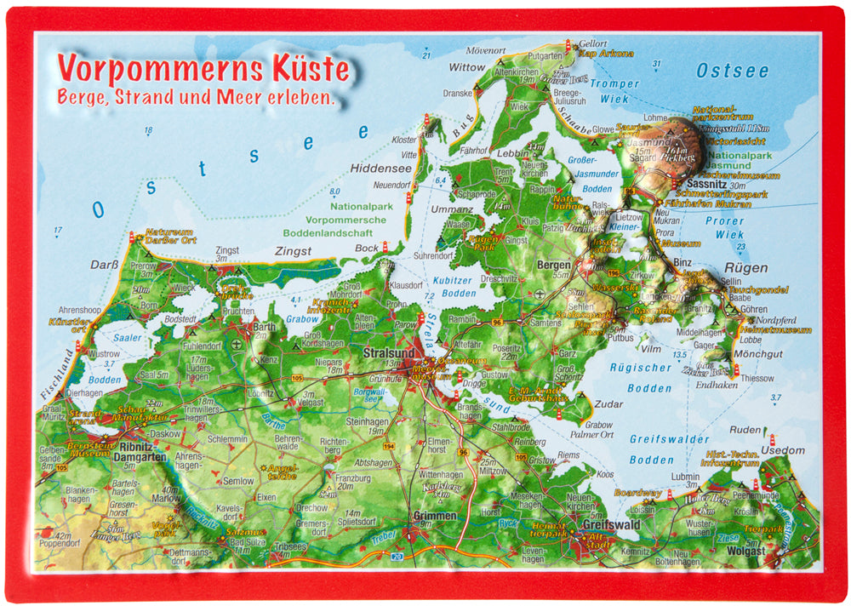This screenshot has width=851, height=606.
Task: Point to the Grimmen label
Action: click(x=434, y=516)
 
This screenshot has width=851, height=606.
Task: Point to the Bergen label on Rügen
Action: click(x=553, y=266)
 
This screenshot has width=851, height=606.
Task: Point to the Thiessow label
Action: click(x=734, y=378)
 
